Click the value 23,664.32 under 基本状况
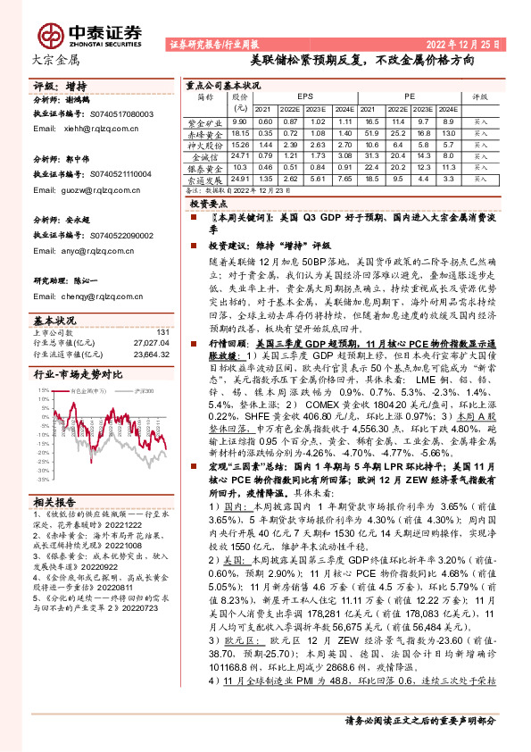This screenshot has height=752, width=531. coord(150,352)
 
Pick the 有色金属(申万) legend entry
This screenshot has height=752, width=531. coord(89,391)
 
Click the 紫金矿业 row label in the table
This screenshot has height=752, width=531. coord(205,121)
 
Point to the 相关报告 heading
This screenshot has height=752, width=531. coord(54,502)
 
